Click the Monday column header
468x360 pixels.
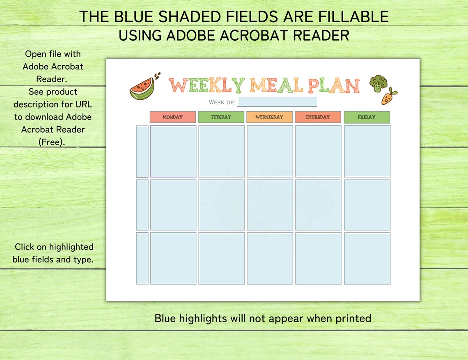[x=172, y=117]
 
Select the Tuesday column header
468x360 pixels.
[x=221, y=117]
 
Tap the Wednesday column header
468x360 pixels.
[x=269, y=117]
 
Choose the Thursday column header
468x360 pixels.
[x=318, y=117]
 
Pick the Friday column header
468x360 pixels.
[x=367, y=117]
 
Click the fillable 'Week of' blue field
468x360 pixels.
[x=277, y=102]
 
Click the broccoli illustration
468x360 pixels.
[x=377, y=83]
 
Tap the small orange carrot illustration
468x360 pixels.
[x=388, y=97]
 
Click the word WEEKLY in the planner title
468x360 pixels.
[x=207, y=85]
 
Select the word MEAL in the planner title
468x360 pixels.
[x=276, y=85]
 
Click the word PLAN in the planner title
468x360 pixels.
[x=334, y=85]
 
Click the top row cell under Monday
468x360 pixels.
[x=173, y=151]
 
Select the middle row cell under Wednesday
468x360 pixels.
[x=270, y=205]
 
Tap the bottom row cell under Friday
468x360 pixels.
[x=367, y=258]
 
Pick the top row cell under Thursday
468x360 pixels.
[x=318, y=151]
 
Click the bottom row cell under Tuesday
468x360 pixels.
[x=221, y=258]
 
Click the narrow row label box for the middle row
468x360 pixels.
[x=142, y=205]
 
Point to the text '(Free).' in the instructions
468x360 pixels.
[x=52, y=142]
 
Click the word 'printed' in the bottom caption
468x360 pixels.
[x=351, y=318]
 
